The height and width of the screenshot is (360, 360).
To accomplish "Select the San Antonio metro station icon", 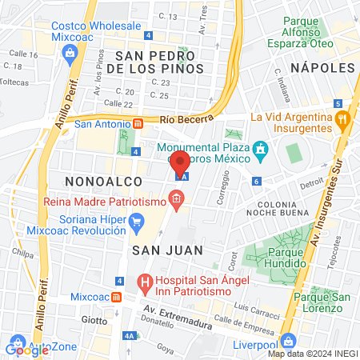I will tap(138, 124).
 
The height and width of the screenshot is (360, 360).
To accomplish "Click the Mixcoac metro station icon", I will tap(118, 296).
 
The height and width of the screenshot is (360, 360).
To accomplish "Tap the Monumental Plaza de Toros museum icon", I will tap(259, 150).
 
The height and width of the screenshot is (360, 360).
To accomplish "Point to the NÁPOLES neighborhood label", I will tap(322, 68).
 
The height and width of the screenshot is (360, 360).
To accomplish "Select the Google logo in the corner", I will tap(26, 349).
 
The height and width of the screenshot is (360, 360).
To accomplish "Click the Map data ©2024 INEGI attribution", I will tap(312, 354).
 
